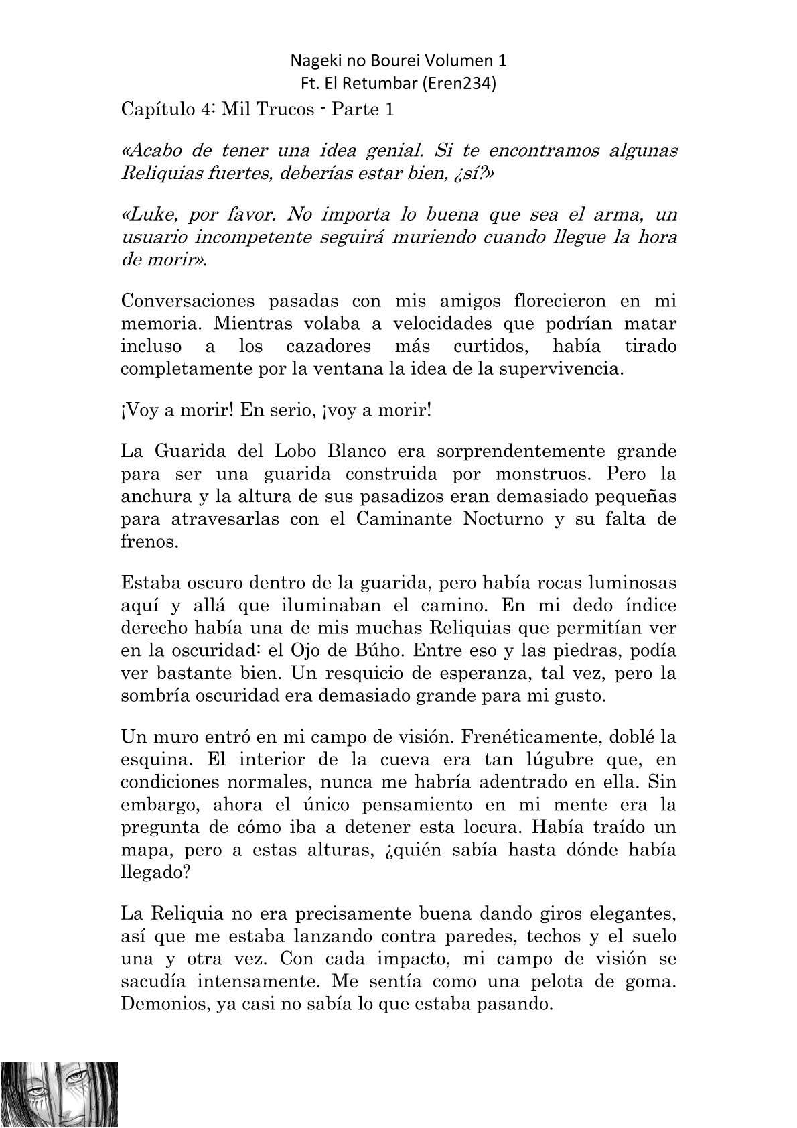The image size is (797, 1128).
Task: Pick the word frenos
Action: click(149, 542)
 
